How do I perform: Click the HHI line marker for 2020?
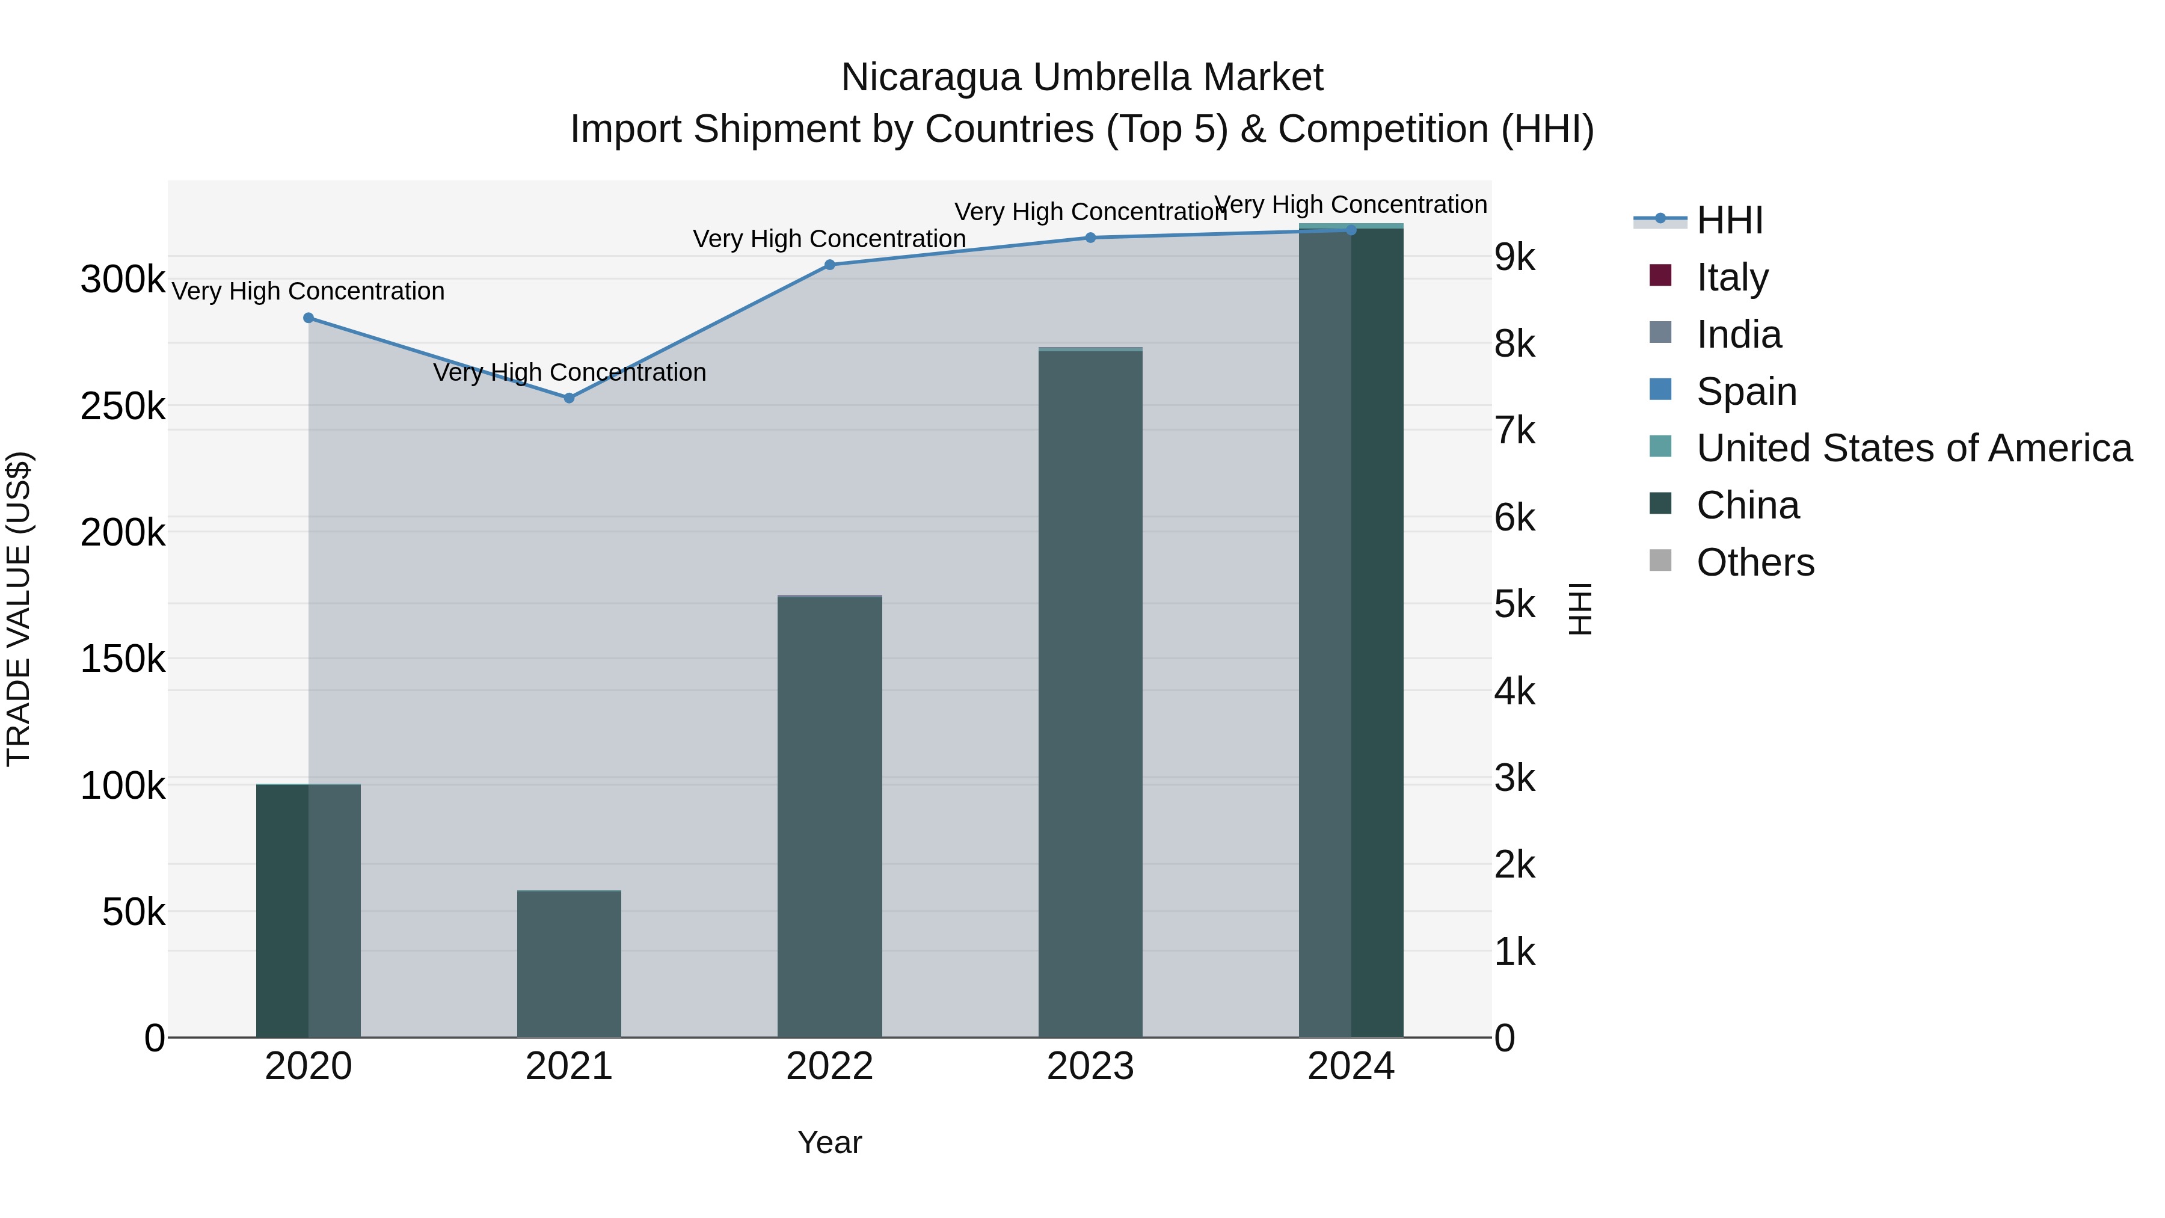(x=309, y=318)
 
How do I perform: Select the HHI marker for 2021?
(x=569, y=398)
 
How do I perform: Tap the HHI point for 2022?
(x=829, y=265)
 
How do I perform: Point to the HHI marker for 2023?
(x=1090, y=238)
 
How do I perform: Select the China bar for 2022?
(x=829, y=816)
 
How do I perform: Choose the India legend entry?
(x=1738, y=334)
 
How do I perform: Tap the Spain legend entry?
(x=1746, y=392)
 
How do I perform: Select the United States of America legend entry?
(x=1913, y=448)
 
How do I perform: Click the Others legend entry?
(x=1755, y=562)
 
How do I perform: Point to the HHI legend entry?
(x=1729, y=220)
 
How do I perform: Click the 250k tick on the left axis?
(x=123, y=407)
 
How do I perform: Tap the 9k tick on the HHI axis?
(x=1514, y=257)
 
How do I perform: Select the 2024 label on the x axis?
(x=1351, y=1066)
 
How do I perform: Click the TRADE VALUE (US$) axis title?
(x=19, y=609)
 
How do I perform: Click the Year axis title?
(x=829, y=1142)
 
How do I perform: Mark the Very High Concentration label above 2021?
(x=569, y=372)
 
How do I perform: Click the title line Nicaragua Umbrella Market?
(x=1082, y=78)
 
